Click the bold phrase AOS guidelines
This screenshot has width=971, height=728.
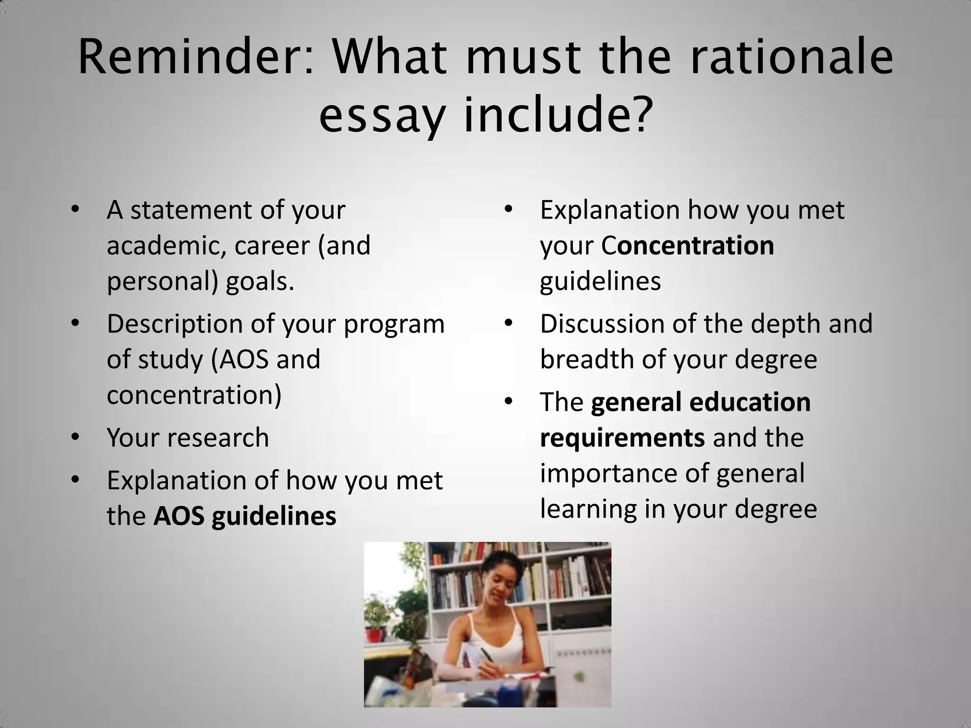[245, 516]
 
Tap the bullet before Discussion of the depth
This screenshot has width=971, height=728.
[509, 323]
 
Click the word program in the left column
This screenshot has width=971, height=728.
[394, 323]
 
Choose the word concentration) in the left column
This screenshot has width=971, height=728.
[194, 394]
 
